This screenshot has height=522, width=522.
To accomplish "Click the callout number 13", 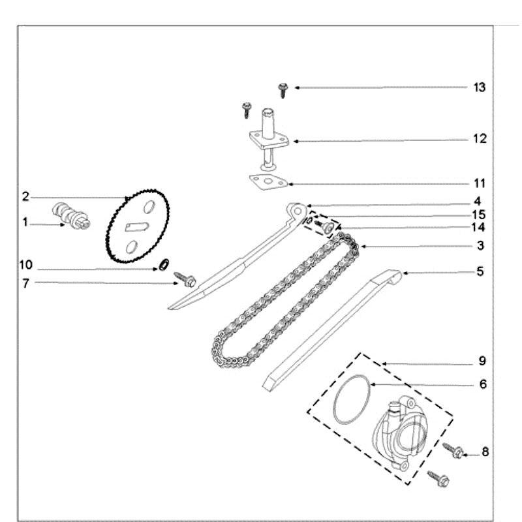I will [480, 87].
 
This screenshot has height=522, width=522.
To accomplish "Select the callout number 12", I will [480, 139].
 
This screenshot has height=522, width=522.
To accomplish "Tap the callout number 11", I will [480, 183].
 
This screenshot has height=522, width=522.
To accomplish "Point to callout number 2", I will [25, 196].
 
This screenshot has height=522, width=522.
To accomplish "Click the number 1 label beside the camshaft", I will [25, 223].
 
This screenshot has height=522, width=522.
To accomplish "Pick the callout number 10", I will [25, 266].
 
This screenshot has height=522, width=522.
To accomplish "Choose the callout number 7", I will [25, 283].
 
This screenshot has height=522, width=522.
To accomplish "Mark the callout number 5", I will [480, 271].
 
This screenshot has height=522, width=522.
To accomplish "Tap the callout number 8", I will [485, 451].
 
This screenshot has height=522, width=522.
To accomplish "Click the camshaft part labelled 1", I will [69, 215].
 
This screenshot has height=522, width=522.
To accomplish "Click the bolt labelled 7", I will [187, 281].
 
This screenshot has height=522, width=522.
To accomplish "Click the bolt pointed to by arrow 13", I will [283, 89].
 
